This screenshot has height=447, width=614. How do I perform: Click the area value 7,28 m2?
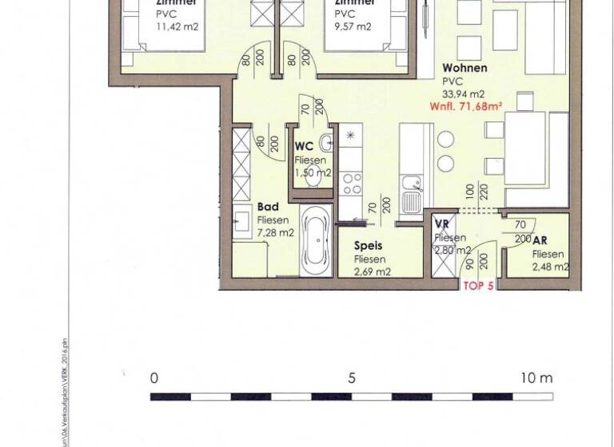[276, 232]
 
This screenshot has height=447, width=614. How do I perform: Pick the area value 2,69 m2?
[372, 271]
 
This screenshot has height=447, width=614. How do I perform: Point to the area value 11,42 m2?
[176, 26]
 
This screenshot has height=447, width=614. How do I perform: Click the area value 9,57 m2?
[353, 26]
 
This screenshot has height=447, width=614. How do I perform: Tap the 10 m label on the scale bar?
[535, 378]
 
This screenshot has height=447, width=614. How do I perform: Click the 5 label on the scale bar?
[351, 378]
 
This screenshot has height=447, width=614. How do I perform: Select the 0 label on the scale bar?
[153, 378]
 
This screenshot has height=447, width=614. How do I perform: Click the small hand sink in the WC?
[325, 144]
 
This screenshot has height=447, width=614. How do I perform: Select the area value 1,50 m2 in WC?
[311, 172]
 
